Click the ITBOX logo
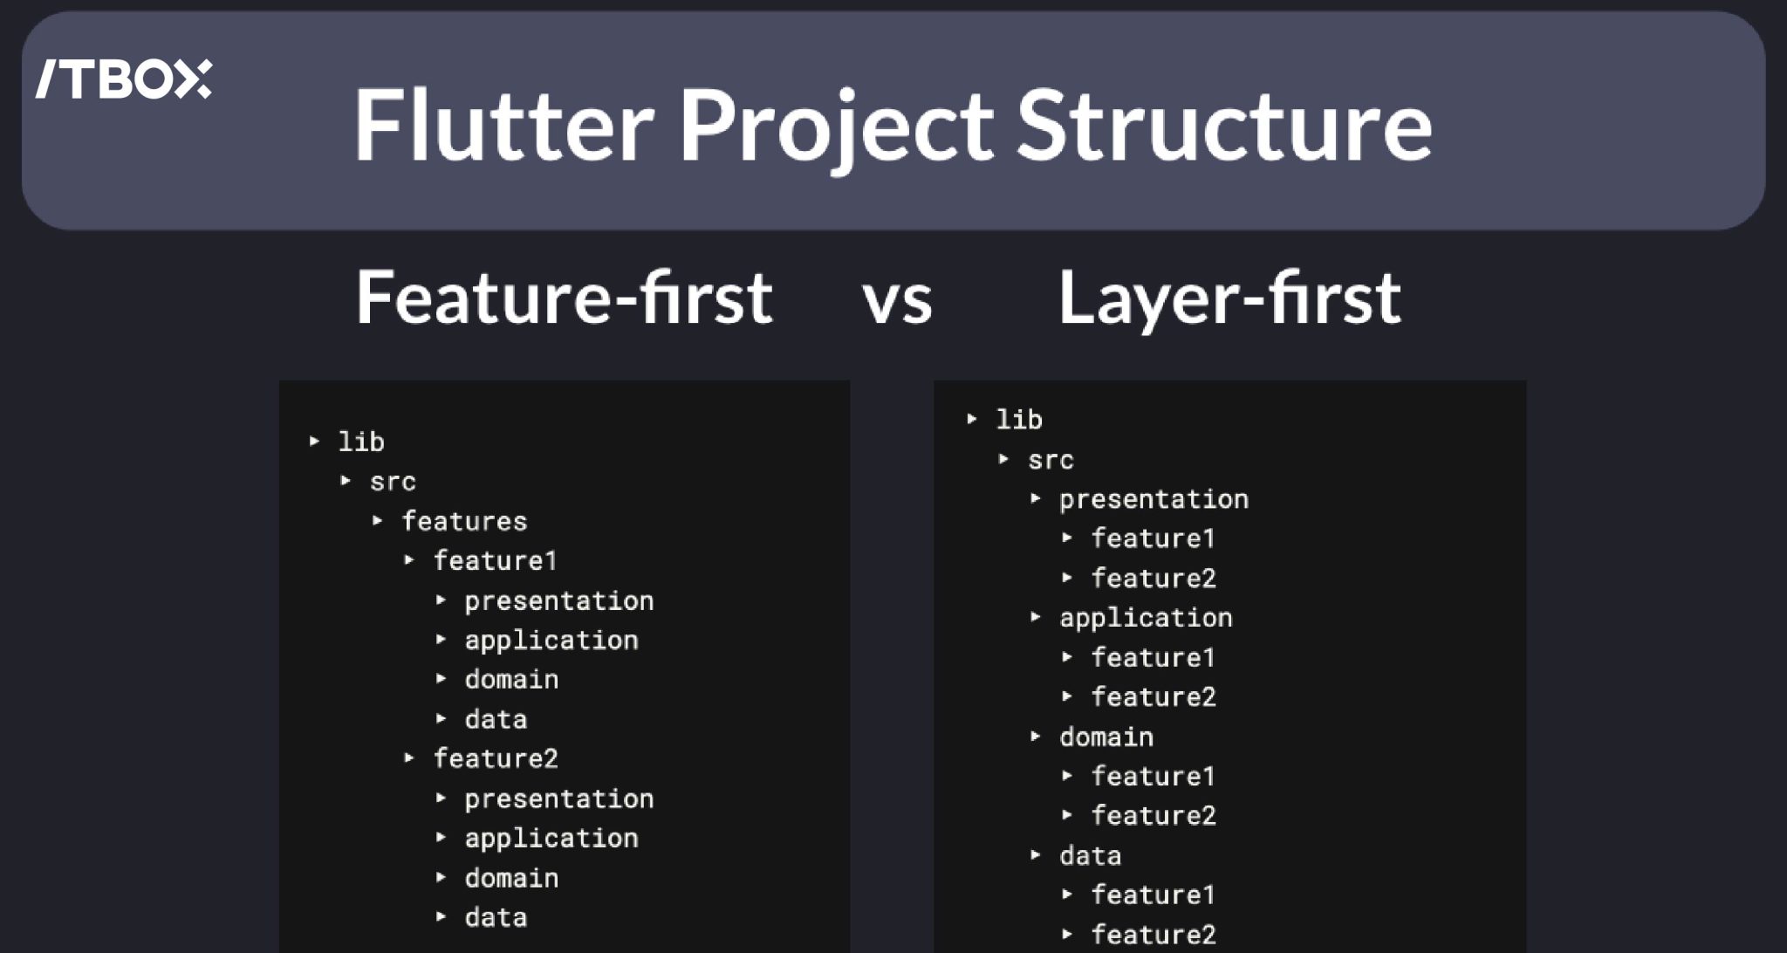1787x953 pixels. pos(123,79)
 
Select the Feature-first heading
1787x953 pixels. pos(564,298)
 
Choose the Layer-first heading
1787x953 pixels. pos(1229,298)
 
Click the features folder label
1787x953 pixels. pos(464,521)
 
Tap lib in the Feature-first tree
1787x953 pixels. pos(361,442)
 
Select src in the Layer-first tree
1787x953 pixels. pos(1051,460)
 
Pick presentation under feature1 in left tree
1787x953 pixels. pos(558,600)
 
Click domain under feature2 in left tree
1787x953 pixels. pos(511,878)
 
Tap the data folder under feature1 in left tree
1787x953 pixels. pos(496,719)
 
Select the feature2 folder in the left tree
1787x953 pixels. pos(496,758)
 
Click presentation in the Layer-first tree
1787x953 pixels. pos(1154,499)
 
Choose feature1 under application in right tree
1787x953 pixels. pos(1153,657)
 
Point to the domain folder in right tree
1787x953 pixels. pos(1106,737)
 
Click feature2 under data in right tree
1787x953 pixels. pos(1153,934)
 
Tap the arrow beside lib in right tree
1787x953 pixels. pos(972,419)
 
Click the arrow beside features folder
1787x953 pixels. pos(378,521)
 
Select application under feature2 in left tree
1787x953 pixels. pos(551,838)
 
